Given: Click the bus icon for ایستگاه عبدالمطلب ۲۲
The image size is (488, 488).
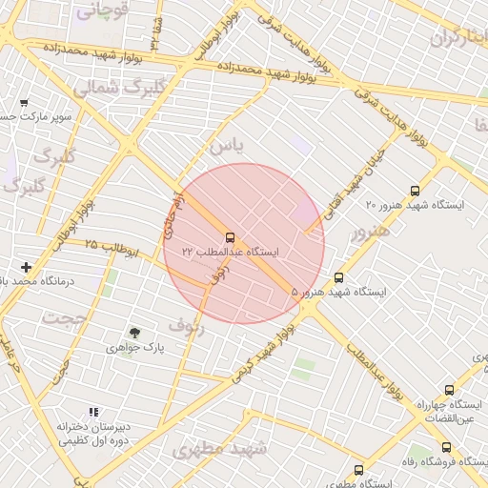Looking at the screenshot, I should point(230,237).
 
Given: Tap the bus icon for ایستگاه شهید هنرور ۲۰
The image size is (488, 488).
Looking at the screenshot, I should point(414,191).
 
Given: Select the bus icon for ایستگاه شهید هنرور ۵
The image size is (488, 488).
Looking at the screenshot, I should point(338,278).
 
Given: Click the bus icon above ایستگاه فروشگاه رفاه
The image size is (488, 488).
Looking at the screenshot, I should point(446,447).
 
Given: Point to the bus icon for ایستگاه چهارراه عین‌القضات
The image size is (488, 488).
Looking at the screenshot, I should point(449,390).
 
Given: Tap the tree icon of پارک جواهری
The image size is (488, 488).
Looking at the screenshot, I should point(134,333).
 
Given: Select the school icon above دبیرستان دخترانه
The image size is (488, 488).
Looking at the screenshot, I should point(93,412).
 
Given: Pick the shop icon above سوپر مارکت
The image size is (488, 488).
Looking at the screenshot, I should point(24,103).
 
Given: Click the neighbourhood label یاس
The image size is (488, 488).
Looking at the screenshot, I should point(227,146).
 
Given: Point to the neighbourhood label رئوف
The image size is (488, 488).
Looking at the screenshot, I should point(187,324).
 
